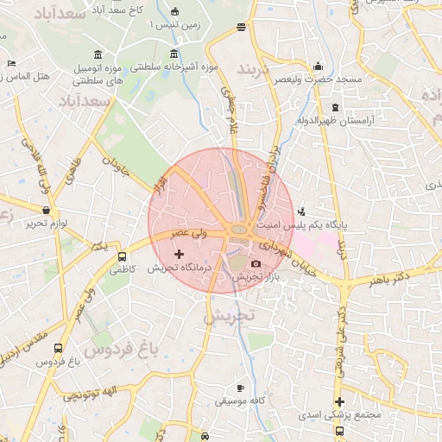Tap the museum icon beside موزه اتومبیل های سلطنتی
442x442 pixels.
pyautogui.click(x=99, y=54)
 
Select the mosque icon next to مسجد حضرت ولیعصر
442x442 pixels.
pyautogui.click(x=319, y=66)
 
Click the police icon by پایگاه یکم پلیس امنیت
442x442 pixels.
pyautogui.click(x=300, y=212)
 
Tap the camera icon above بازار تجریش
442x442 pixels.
pyautogui.click(x=256, y=263)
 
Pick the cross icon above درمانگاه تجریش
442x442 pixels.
pyautogui.click(x=179, y=254)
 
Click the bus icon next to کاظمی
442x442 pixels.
pyautogui.click(x=122, y=256)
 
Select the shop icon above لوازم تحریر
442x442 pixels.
pyautogui.click(x=46, y=210)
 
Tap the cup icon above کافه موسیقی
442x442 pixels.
pyautogui.click(x=240, y=388)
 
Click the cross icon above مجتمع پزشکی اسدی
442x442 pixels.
pyautogui.click(x=339, y=401)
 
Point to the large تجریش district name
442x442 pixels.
pyautogui.click(x=230, y=316)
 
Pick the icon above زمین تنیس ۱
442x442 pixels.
pyautogui.click(x=176, y=12)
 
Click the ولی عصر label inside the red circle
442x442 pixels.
pyautogui.click(x=186, y=233)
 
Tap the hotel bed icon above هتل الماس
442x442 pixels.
pyautogui.click(x=10, y=63)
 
